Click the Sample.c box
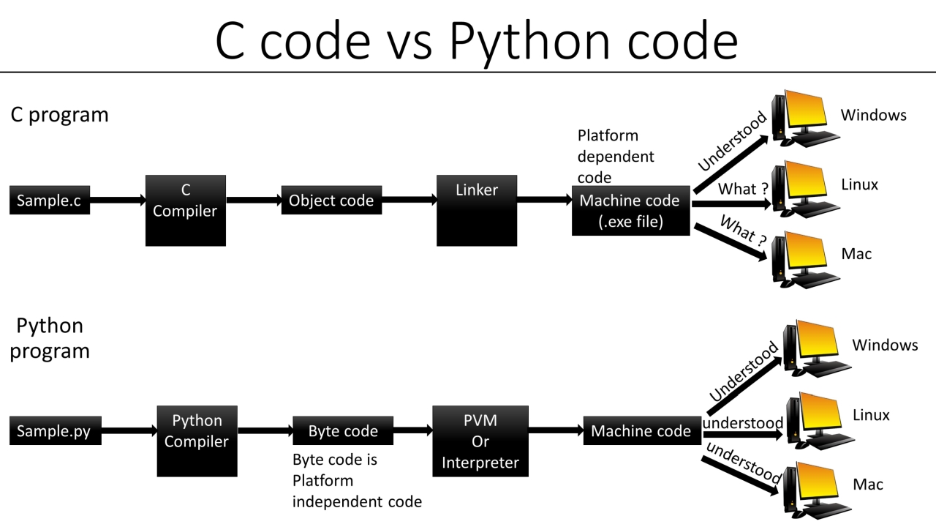pyautogui.click(x=49, y=201)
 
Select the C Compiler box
pyautogui.click(x=186, y=210)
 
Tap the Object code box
pyautogui.click(x=331, y=201)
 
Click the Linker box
pyautogui.click(x=476, y=210)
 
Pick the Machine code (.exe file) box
pyautogui.click(x=630, y=211)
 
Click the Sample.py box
pyautogui.click(x=53, y=431)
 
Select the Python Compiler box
pyautogui.click(x=197, y=441)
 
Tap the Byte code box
pyautogui.click(x=342, y=431)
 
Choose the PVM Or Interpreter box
pyautogui.click(x=480, y=441)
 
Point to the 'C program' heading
pyautogui.click(x=59, y=115)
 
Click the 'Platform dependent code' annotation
pyautogui.click(x=615, y=156)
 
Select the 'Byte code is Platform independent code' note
pyautogui.click(x=357, y=481)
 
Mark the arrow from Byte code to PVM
pyautogui.click(x=413, y=431)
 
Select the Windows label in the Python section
pyautogui.click(x=885, y=345)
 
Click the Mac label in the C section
pyautogui.click(x=856, y=254)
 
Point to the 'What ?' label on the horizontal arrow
pyautogui.click(x=742, y=190)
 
